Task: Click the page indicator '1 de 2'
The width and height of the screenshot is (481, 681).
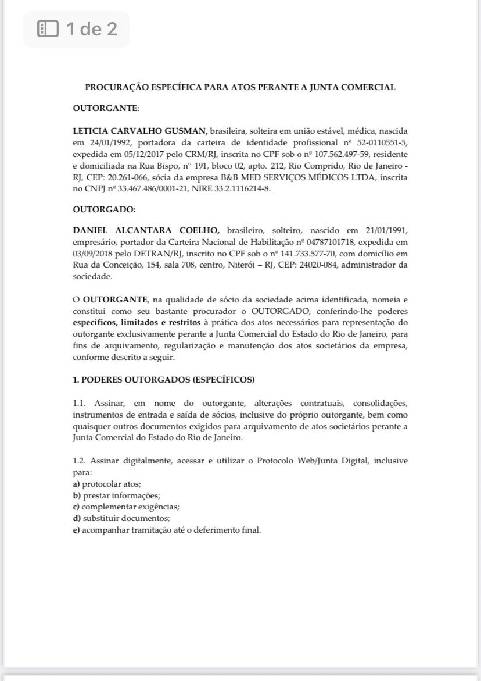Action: (x=76, y=28)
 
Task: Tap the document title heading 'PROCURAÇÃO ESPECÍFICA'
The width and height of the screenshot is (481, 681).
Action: (x=240, y=87)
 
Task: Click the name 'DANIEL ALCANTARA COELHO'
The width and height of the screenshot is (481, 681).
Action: (x=145, y=231)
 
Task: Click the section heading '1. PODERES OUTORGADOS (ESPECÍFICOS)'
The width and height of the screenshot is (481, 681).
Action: (x=163, y=380)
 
